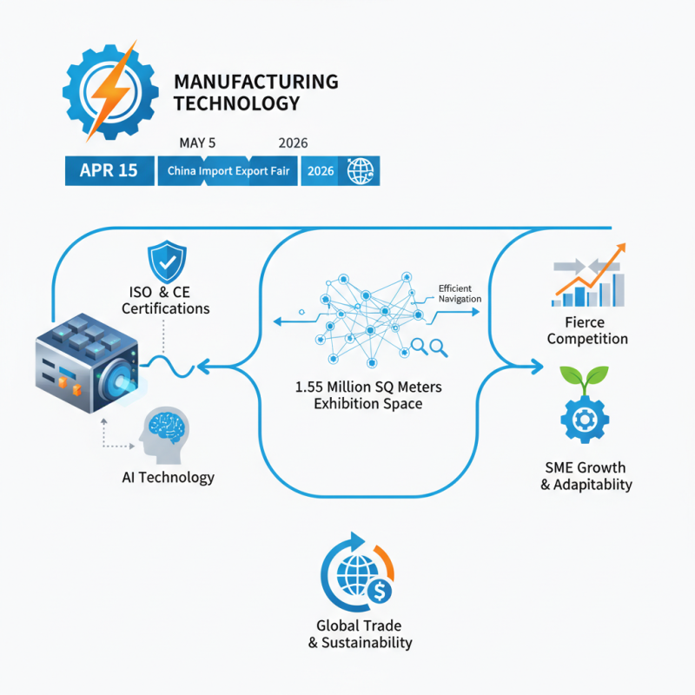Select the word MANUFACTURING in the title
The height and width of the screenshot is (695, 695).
pos(256,82)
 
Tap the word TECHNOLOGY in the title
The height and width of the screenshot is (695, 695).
pos(237,103)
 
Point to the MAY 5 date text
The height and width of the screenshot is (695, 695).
pos(197,142)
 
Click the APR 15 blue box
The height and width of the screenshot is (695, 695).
pos(108,170)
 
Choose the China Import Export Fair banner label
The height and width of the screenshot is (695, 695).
pos(228,171)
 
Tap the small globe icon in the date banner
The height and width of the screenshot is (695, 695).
pos(358,171)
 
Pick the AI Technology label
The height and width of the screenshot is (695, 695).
pos(169,477)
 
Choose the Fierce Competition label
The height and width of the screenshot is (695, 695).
pos(587,329)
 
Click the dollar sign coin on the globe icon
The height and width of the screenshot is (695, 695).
pos(381,591)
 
